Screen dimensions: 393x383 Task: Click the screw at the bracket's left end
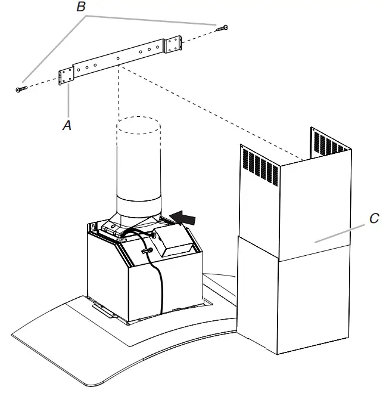point(21,88)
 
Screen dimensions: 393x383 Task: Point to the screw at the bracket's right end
point(223,27)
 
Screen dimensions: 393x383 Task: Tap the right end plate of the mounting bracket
point(173,44)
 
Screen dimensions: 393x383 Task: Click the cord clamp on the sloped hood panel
point(145,252)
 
